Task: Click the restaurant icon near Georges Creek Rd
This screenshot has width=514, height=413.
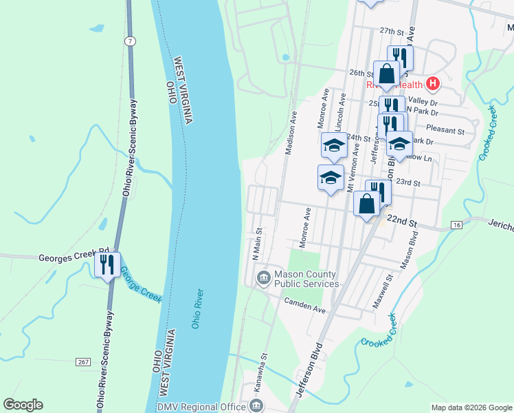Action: [x=107, y=264]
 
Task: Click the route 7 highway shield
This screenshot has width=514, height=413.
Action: [x=131, y=42]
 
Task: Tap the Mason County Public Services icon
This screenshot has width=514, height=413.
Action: [x=263, y=278]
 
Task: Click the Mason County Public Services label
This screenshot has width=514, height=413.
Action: [x=306, y=279]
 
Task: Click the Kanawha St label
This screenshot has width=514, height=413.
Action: [x=260, y=375]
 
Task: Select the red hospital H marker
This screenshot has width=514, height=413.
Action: [x=432, y=84]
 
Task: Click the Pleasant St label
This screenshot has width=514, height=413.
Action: [x=445, y=129]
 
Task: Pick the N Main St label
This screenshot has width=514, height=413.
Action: [x=257, y=244]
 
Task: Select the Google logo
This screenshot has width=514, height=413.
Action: [x=23, y=405]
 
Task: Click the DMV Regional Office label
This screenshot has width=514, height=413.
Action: [x=201, y=407]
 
